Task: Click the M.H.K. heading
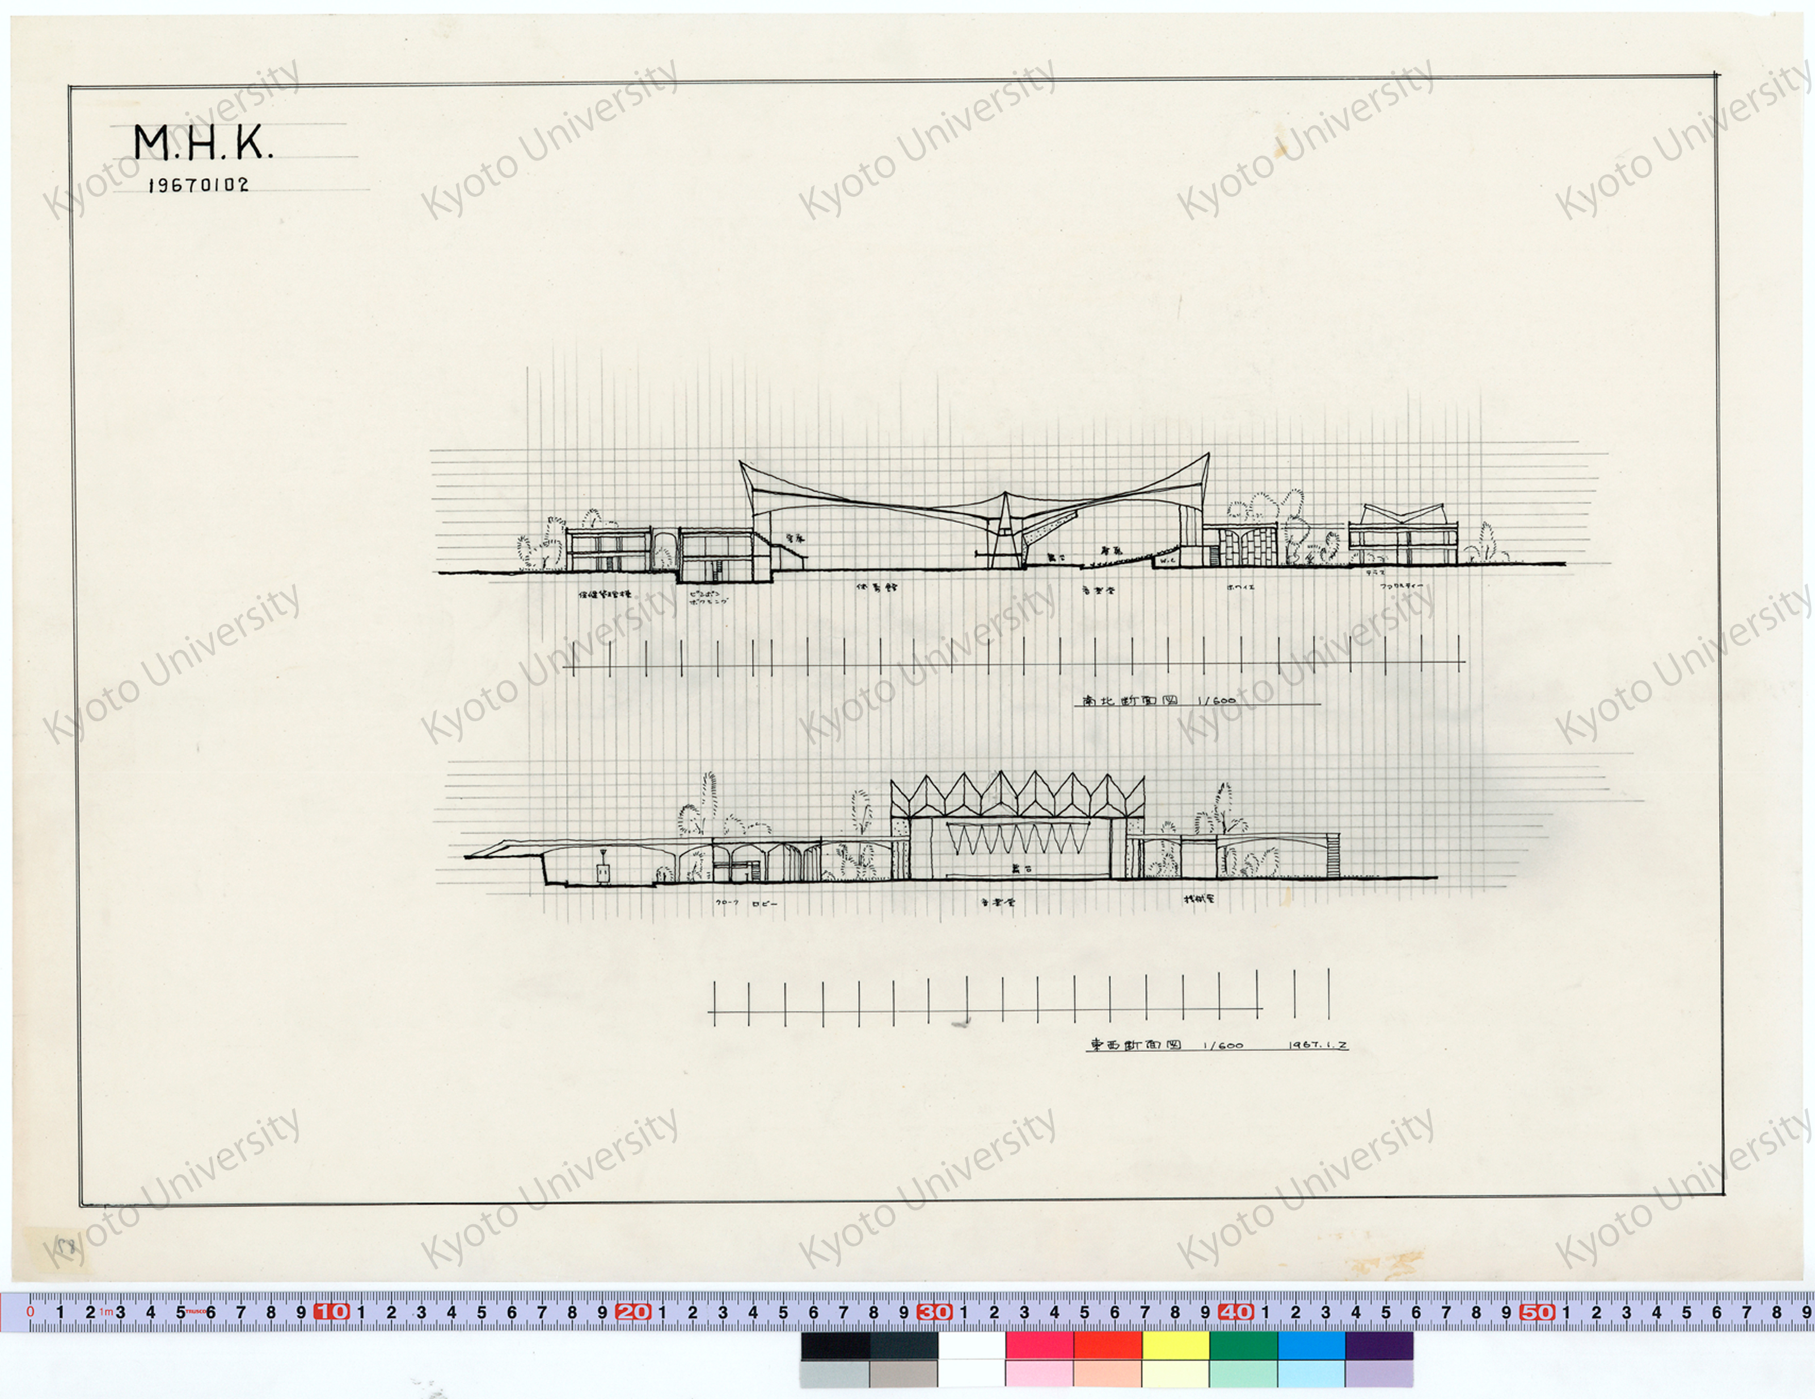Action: tap(203, 143)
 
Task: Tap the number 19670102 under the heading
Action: tap(199, 185)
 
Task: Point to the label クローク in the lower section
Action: tap(727, 903)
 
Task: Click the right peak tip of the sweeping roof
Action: tap(1208, 454)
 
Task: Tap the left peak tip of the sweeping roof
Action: tap(740, 462)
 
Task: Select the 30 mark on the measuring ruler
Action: tap(935, 1312)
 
